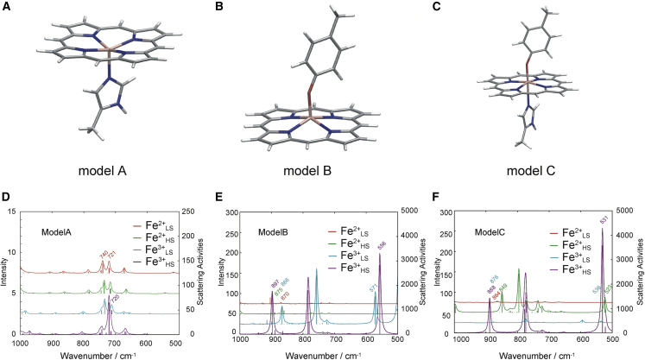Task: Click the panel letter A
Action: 7,8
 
